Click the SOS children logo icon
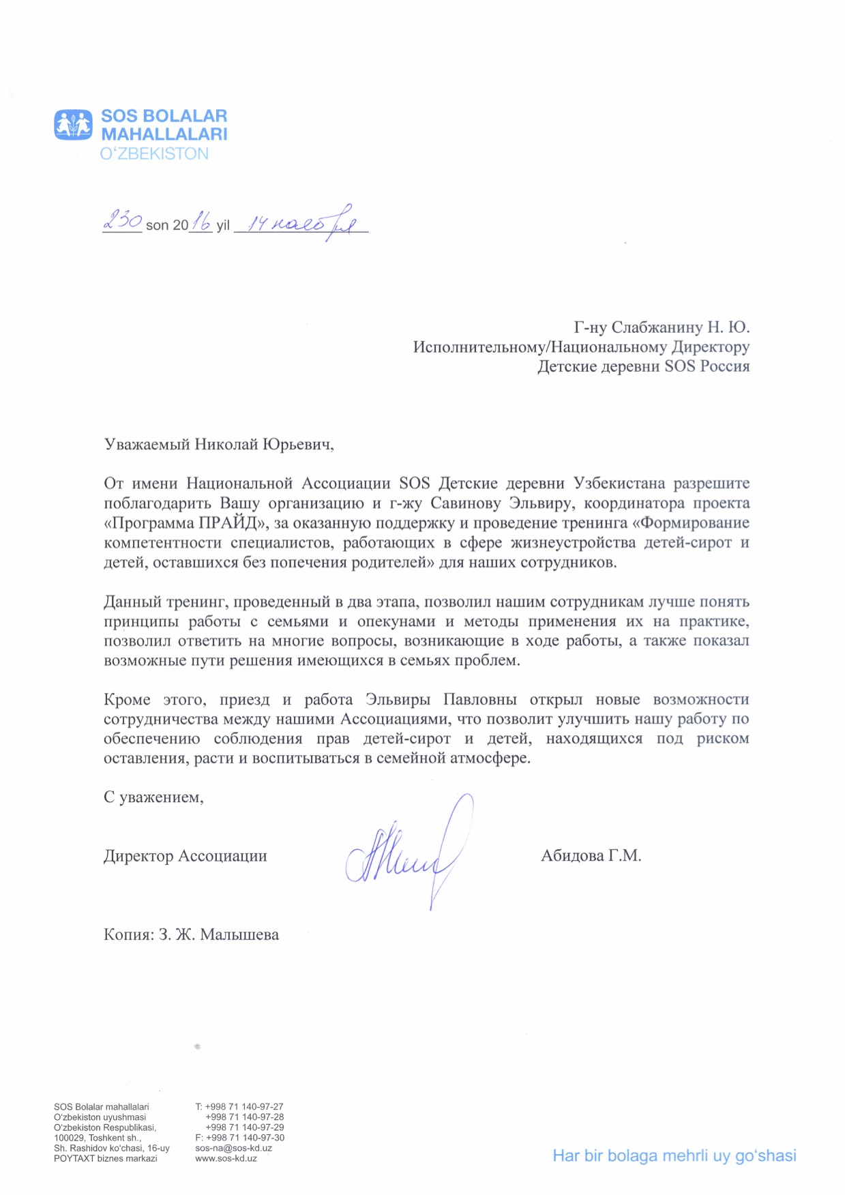[x=73, y=125]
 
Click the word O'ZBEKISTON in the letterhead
[x=154, y=154]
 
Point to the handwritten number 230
[x=122, y=221]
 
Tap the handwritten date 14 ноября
[x=300, y=222]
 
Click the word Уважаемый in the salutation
[x=147, y=445]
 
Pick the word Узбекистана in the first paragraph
[x=619, y=484]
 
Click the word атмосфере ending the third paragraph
[x=490, y=758]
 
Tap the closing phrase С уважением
[x=153, y=797]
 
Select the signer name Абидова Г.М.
[x=591, y=856]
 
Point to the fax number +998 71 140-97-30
[x=245, y=1138]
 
